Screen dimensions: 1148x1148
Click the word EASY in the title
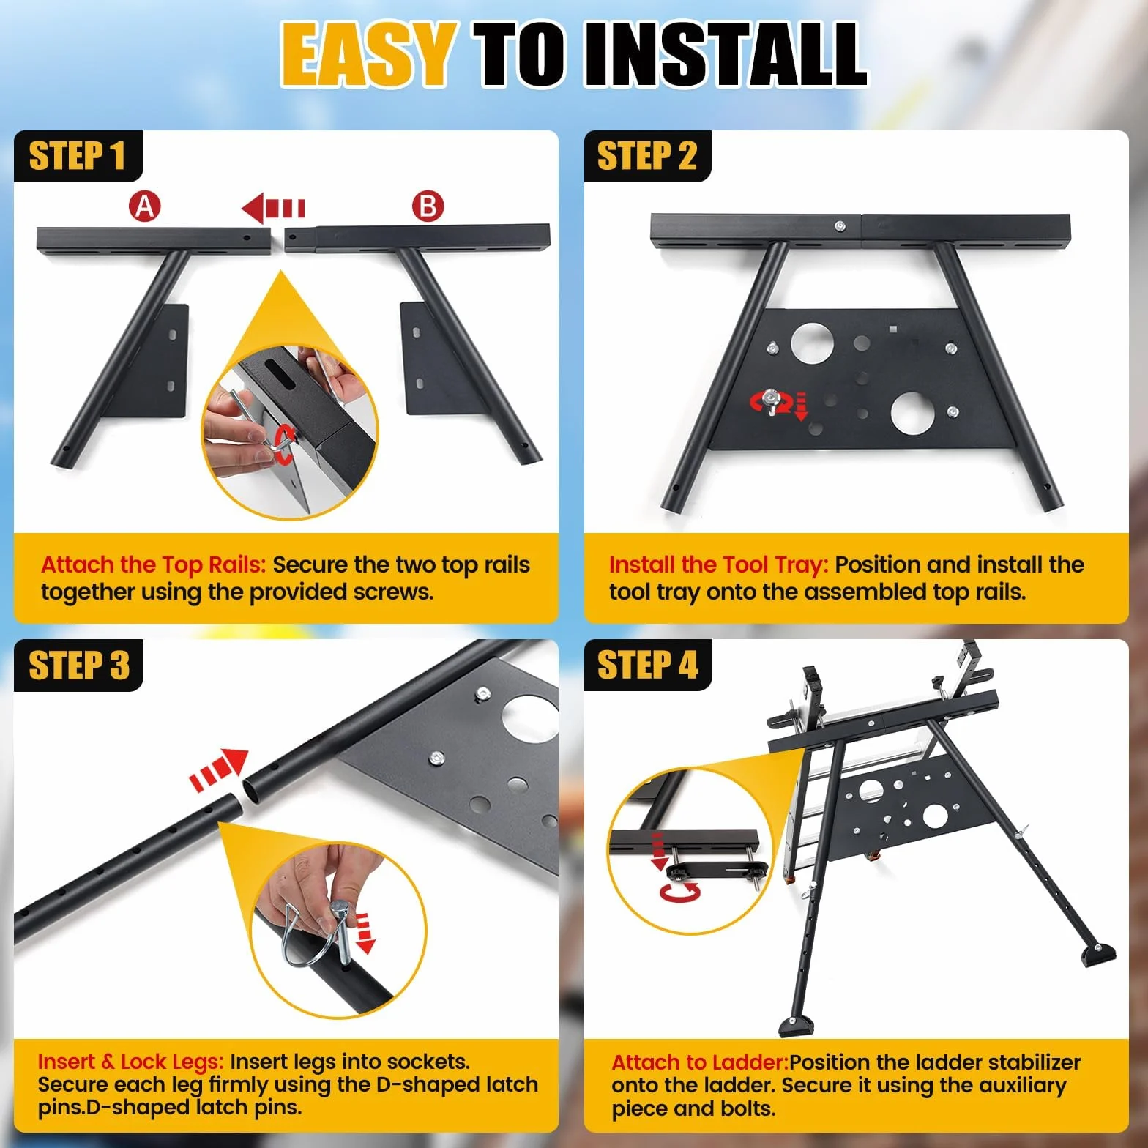[x=367, y=54]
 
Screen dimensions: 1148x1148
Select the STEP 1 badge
[x=78, y=156]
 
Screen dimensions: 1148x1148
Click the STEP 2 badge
[x=647, y=156]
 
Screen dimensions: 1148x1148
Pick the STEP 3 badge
[x=78, y=666]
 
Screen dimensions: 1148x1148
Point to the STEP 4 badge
[x=647, y=666]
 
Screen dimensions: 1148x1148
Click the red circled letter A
[x=145, y=206]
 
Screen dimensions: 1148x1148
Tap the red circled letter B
[x=428, y=206]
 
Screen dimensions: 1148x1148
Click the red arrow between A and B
[x=273, y=209]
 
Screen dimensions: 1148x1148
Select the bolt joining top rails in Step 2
[x=841, y=227]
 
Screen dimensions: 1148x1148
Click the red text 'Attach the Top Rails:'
[x=154, y=564]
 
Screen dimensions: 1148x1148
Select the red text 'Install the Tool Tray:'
[x=719, y=564]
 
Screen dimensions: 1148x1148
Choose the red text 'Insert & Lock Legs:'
[x=131, y=1062]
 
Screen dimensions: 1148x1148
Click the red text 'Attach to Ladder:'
[x=700, y=1062]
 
